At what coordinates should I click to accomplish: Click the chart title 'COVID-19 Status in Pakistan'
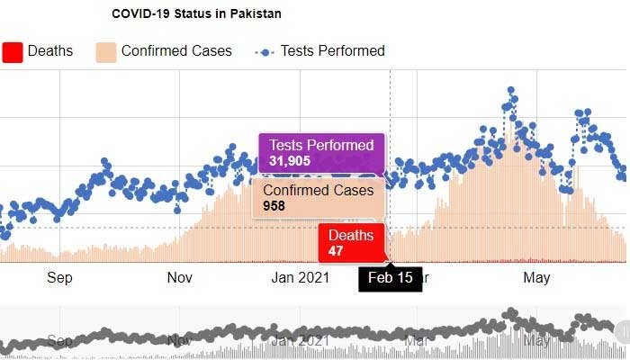196,14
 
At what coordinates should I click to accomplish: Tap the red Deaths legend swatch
12,51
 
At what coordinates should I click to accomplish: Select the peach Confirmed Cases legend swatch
106,51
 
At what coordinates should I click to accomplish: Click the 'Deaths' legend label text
50,51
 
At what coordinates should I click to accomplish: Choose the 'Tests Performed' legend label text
332,51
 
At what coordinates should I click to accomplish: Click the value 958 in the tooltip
274,206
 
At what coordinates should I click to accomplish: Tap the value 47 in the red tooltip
336,250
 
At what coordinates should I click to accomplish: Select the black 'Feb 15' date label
391,277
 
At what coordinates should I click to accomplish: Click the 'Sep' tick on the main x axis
59,278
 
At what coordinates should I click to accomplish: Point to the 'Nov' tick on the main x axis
180,278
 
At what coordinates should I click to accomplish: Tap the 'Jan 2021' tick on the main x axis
301,278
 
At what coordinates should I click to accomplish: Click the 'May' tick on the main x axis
536,278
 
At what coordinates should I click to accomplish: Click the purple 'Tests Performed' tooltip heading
321,146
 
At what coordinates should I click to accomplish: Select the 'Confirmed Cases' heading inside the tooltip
316,190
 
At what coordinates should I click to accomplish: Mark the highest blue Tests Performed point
510,90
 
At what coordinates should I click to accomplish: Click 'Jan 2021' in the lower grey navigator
301,341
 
